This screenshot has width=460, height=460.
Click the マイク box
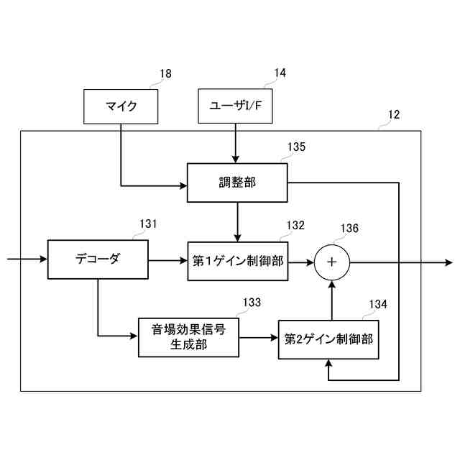(121, 106)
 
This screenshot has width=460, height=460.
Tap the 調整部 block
(237, 183)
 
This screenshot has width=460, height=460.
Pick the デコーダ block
(98, 259)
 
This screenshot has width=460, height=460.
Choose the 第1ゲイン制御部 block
(237, 260)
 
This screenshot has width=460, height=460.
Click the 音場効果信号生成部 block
(188, 336)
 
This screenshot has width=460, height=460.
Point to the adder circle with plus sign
(331, 261)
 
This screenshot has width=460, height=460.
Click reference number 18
(165, 73)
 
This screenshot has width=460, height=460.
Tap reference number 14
(280, 73)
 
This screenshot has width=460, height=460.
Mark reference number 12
(394, 114)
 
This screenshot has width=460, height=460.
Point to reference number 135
(296, 147)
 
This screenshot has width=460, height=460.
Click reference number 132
(296, 224)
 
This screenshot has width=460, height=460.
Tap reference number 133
(252, 303)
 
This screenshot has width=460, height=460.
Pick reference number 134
(378, 304)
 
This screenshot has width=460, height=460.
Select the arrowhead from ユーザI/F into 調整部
(235, 159)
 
